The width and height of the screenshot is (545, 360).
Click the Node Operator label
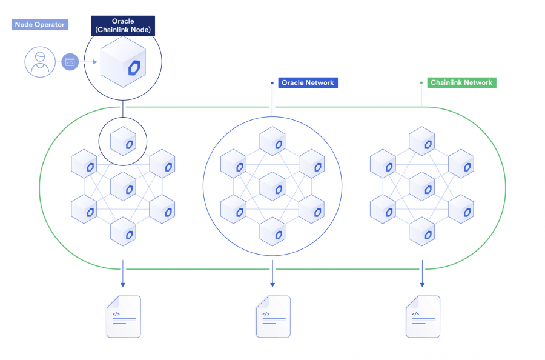pyautogui.click(x=39, y=25)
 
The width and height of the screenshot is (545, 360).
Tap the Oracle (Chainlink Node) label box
pyautogui.click(x=123, y=25)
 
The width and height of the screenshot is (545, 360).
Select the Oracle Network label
pyautogui.click(x=308, y=82)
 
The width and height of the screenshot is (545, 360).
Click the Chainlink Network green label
pyautogui.click(x=461, y=82)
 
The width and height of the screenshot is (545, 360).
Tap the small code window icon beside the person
pyautogui.click(x=70, y=62)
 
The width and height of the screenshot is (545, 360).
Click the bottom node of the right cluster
pyautogui.click(x=421, y=231)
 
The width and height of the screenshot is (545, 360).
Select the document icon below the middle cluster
pyautogui.click(x=272, y=316)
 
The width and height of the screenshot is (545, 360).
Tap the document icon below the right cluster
pyautogui.click(x=422, y=316)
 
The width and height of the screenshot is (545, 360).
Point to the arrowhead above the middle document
pyautogui.click(x=272, y=284)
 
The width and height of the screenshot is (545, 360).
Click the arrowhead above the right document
pyautogui.click(x=422, y=284)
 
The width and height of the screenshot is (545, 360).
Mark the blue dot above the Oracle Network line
pyautogui.click(x=272, y=82)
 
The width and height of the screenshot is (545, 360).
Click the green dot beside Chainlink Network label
pyautogui.click(x=421, y=82)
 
